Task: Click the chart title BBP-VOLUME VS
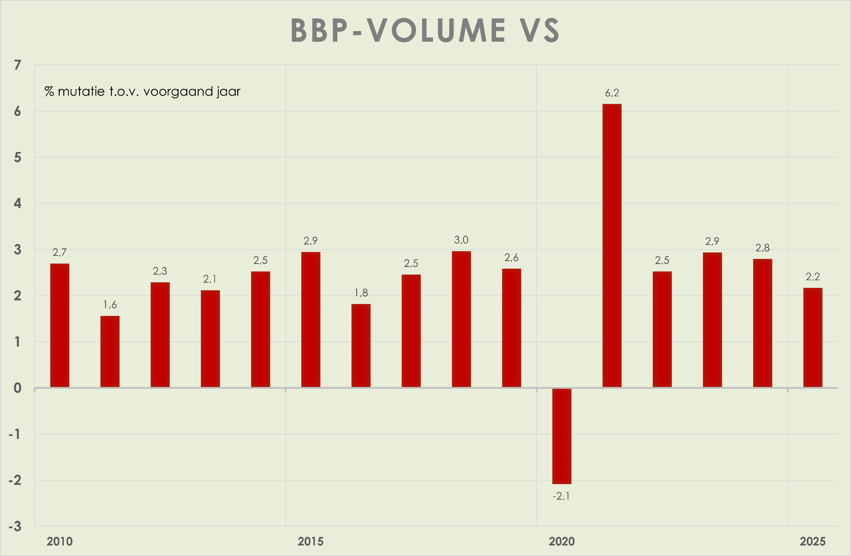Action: tap(425, 31)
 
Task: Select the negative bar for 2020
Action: tap(562, 436)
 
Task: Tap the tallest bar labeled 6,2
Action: tap(612, 245)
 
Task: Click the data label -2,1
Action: tap(561, 496)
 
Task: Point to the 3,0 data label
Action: tap(461, 240)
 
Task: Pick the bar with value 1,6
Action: tap(110, 352)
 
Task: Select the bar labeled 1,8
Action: tap(361, 346)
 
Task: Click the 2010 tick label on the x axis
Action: tap(60, 542)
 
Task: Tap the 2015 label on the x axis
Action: tap(311, 542)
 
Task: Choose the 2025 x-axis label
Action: tap(813, 542)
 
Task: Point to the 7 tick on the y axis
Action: tap(17, 65)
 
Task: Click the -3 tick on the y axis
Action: tap(15, 527)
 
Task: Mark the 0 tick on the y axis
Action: tap(17, 388)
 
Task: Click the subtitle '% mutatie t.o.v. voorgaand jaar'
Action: tap(143, 92)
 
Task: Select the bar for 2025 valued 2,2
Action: tap(813, 338)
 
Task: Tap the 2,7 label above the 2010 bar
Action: tap(60, 252)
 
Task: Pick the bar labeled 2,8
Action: tap(762, 323)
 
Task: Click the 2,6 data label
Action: tap(511, 258)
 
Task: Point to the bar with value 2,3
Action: tap(160, 335)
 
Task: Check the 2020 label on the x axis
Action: tap(562, 542)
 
